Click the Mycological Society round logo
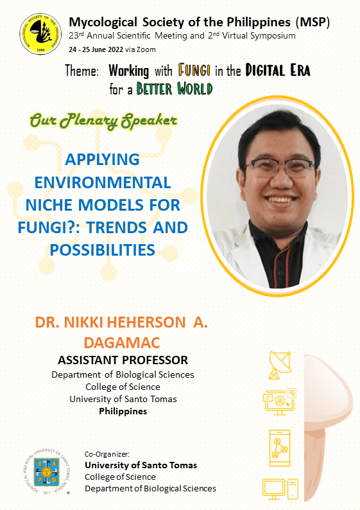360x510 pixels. point(40,34)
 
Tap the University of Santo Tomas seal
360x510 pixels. point(47,472)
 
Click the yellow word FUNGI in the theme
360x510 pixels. point(194,70)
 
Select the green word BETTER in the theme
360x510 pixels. point(154,89)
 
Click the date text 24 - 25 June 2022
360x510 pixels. point(96,49)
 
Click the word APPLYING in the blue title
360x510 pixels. point(102,159)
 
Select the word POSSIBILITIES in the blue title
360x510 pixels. point(102,250)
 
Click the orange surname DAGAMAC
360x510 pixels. point(122,342)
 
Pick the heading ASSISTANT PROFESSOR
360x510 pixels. point(123,360)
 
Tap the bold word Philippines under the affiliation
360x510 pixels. point(123,411)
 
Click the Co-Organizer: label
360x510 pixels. point(107,454)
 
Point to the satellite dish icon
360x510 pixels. point(280,365)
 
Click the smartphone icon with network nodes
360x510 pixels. point(280,448)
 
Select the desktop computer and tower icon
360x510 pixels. point(280,489)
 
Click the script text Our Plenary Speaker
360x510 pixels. point(103,121)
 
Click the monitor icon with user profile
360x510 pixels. point(280,402)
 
